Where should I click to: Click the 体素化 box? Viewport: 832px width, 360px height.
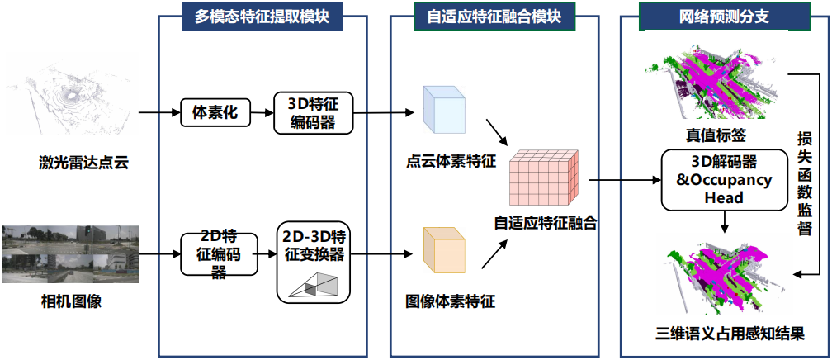[x=214, y=113]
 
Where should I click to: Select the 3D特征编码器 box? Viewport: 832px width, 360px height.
[x=313, y=113]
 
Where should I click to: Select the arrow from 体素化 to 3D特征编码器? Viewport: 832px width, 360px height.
[x=261, y=113]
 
